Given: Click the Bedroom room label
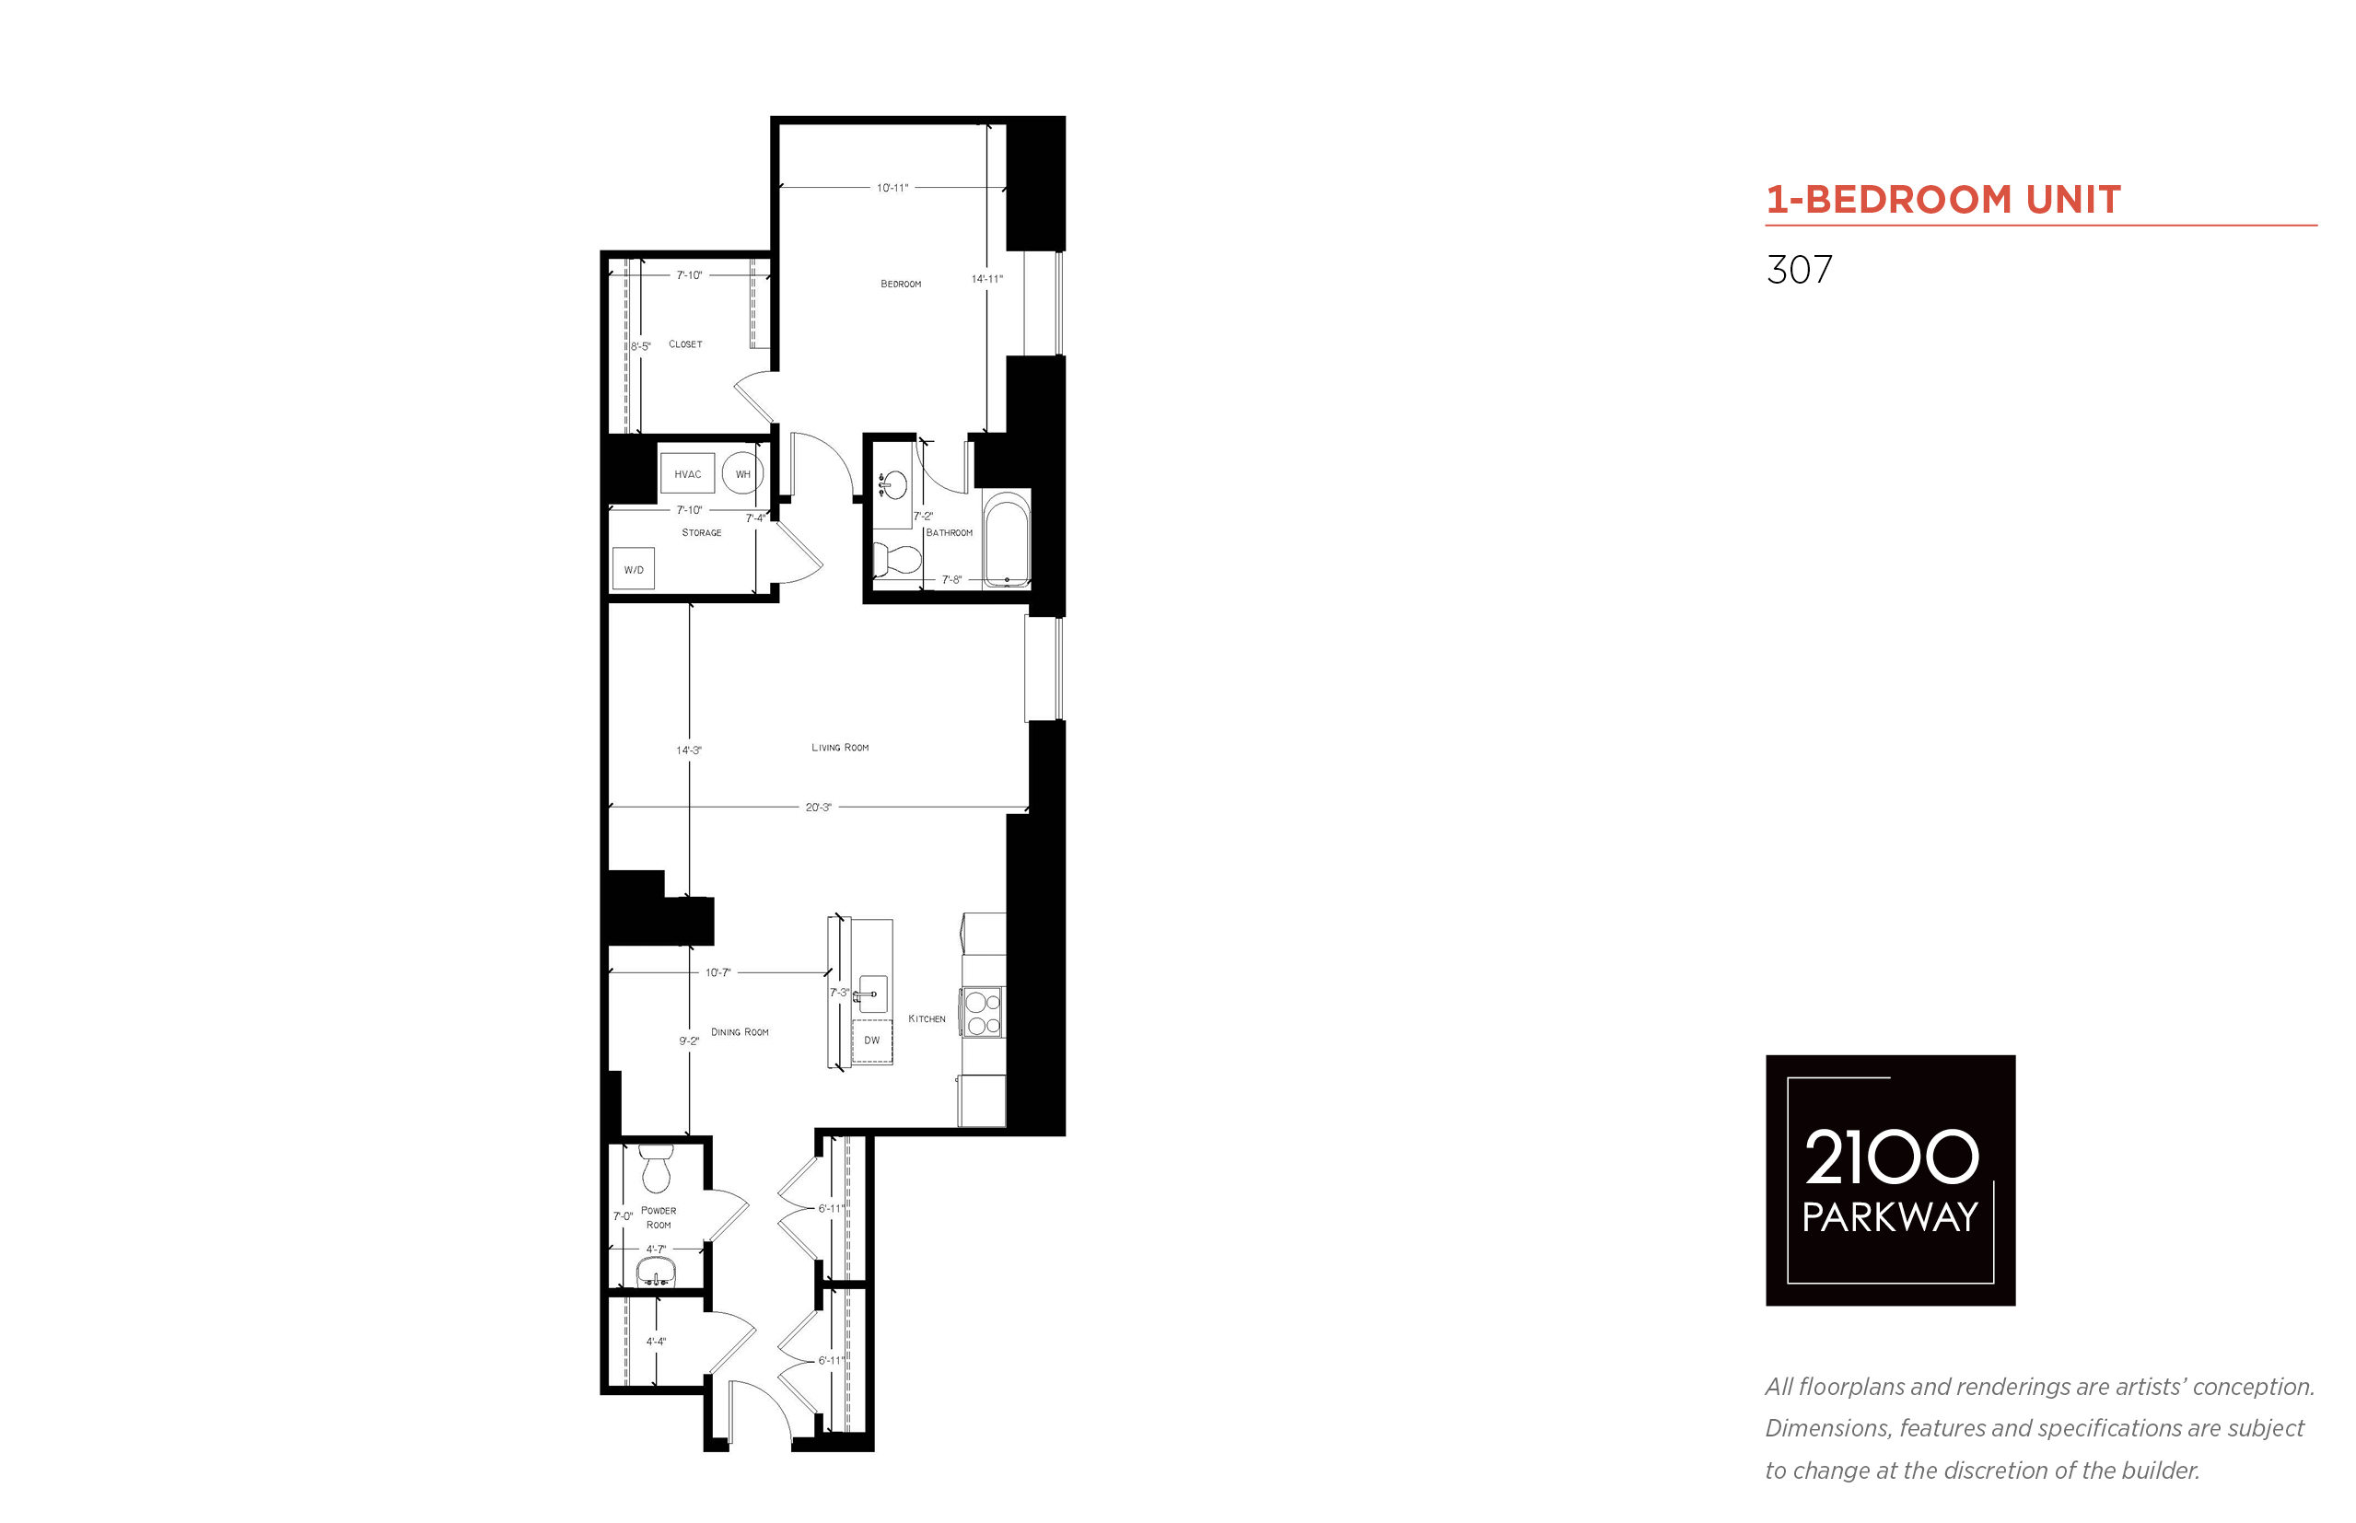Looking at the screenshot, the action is pyautogui.click(x=900, y=284).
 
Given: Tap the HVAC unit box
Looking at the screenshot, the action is pyautogui.click(x=687, y=473).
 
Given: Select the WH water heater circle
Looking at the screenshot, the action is pyautogui.click(x=742, y=473).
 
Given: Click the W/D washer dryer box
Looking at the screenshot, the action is pyautogui.click(x=633, y=569).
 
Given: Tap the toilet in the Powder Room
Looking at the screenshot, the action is pyautogui.click(x=656, y=1168).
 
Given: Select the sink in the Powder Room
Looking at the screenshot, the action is pyautogui.click(x=655, y=1272).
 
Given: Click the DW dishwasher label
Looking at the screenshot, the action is pyautogui.click(x=871, y=1040).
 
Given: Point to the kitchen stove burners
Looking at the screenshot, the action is pyautogui.click(x=983, y=1013).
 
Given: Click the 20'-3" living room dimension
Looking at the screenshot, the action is pyautogui.click(x=818, y=807).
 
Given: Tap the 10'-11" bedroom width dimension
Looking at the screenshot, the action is pyautogui.click(x=892, y=187).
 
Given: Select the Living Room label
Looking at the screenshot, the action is pyautogui.click(x=840, y=748).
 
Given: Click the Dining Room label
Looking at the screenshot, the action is pyautogui.click(x=740, y=1031).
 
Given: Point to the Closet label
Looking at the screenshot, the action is pyautogui.click(x=685, y=344).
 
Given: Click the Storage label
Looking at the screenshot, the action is pyautogui.click(x=701, y=532).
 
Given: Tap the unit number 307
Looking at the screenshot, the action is pyautogui.click(x=1799, y=269).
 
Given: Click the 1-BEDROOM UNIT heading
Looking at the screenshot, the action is pyautogui.click(x=1943, y=200).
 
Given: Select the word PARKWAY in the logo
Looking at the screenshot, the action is pyautogui.click(x=1890, y=1217).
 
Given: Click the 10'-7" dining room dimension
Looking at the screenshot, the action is pyautogui.click(x=718, y=972).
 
